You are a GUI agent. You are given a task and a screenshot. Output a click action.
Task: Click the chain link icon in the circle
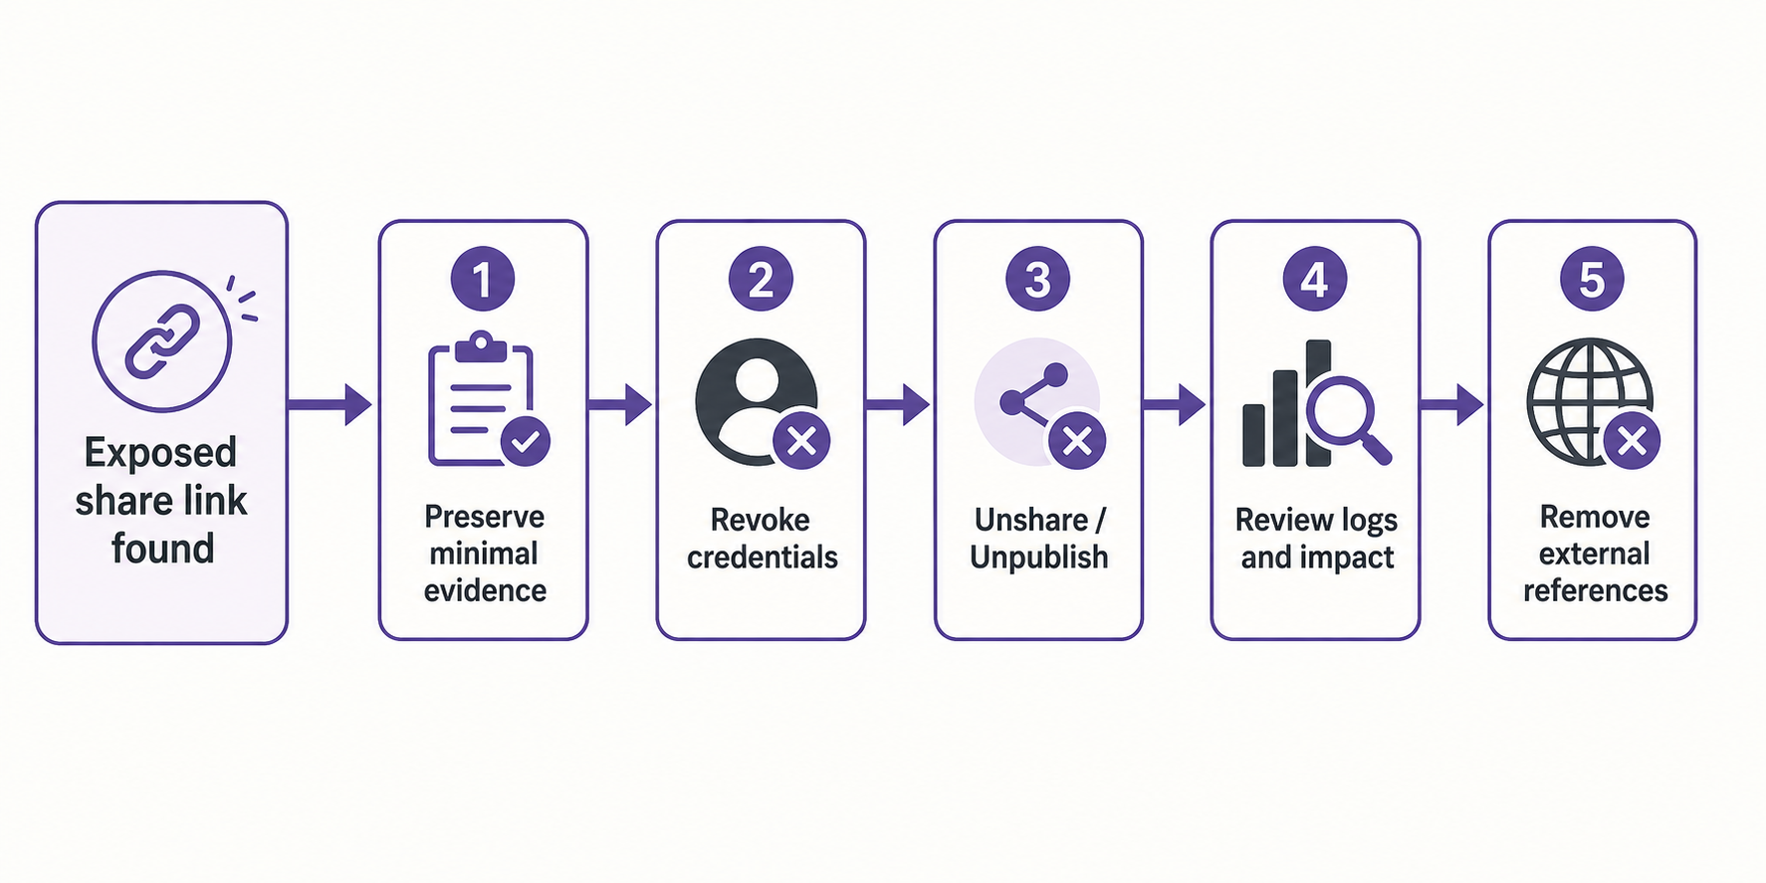click(161, 340)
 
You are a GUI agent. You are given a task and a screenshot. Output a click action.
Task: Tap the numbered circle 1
click(483, 279)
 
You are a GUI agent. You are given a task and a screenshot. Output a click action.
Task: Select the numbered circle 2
click(761, 279)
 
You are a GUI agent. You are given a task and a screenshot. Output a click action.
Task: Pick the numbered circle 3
click(1037, 279)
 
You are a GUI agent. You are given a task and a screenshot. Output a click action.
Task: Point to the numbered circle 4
click(1315, 279)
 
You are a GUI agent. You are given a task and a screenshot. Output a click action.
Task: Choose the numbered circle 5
click(1592, 279)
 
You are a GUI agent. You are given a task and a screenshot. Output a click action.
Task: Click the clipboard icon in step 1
click(481, 398)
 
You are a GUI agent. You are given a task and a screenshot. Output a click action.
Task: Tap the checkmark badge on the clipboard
click(526, 441)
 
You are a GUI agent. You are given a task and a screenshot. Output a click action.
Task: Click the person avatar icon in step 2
click(757, 401)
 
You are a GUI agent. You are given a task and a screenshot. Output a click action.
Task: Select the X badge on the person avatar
click(802, 441)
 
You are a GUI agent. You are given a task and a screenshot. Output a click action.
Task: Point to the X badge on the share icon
click(1078, 441)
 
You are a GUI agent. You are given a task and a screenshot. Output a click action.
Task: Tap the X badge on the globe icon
click(1632, 441)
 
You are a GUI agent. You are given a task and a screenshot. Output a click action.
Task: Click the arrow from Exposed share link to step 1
click(330, 404)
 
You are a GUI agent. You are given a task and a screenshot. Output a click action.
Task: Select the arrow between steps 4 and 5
click(1451, 404)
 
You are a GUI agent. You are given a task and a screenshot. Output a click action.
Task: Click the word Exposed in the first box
click(160, 453)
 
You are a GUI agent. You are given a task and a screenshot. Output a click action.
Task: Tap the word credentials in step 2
click(763, 557)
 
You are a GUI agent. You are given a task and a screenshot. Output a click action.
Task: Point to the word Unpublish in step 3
click(1039, 557)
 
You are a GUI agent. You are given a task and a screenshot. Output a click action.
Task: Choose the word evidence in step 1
click(485, 591)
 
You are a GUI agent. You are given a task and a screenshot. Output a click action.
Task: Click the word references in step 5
click(1596, 591)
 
